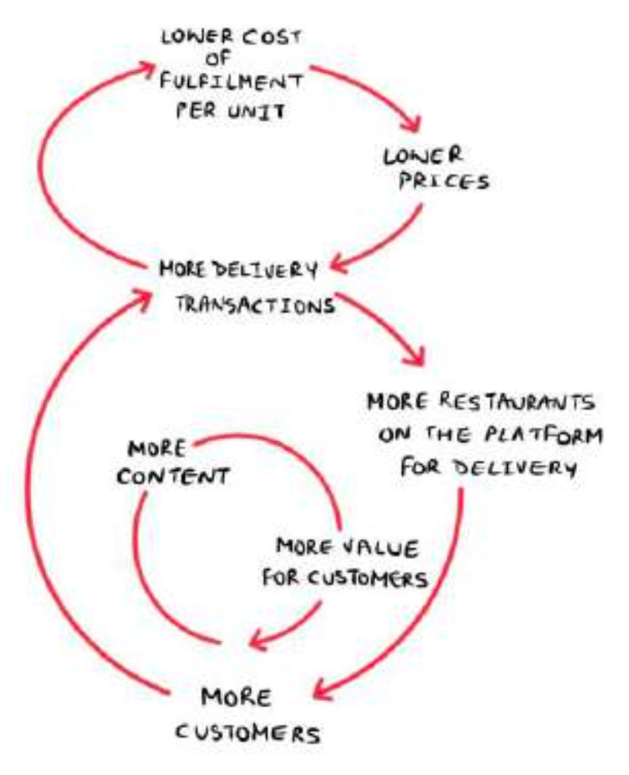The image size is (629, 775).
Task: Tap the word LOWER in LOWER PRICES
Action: click(x=422, y=156)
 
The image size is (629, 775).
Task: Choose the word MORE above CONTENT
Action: click(x=154, y=450)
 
